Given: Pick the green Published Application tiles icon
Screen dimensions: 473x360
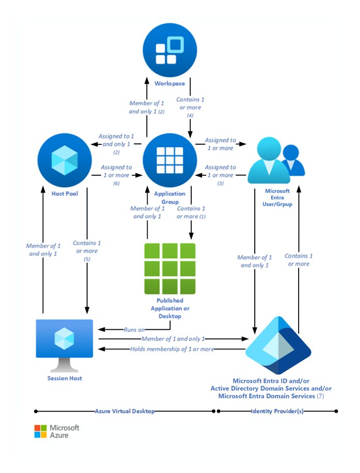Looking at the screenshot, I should coord(170,268).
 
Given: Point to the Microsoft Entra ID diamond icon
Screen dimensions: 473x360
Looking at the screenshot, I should coord(278,346).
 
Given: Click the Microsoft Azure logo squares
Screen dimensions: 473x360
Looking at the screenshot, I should coord(41,431).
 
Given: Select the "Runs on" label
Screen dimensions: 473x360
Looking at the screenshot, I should coord(134,329).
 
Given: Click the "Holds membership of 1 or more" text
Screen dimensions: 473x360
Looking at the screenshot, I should coord(172,349).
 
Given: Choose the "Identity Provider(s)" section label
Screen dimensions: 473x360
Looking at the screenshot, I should coord(276,411).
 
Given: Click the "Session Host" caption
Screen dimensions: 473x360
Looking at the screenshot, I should coord(64,378).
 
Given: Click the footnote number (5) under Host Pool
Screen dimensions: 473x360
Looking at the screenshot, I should coord(87,259).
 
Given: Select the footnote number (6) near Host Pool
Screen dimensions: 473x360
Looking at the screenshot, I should coord(116,183).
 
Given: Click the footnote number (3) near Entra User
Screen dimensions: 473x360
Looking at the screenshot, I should coord(220,183).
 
